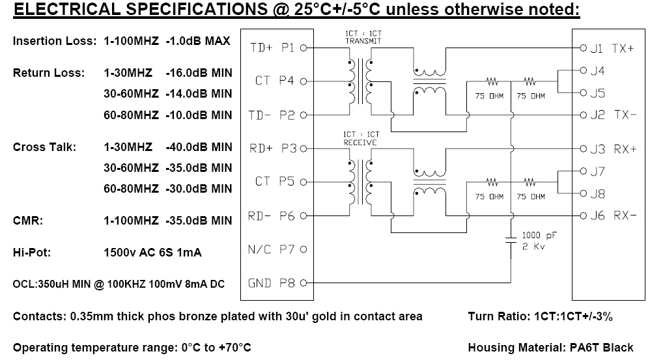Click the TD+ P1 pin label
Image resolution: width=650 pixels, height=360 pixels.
[x=272, y=48]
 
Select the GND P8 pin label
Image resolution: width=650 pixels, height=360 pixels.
[x=272, y=283]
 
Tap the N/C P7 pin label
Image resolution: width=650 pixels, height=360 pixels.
[x=271, y=249]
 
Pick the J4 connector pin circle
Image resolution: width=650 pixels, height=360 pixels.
[x=584, y=70]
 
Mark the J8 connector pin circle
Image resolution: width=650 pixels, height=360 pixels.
[x=584, y=193]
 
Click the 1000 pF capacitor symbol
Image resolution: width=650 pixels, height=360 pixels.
[x=511, y=241]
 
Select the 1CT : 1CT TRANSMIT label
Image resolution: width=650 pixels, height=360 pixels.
[x=363, y=37]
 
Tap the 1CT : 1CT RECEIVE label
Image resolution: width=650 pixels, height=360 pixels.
[x=361, y=139]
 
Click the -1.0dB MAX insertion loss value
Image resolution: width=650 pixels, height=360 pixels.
[x=198, y=41]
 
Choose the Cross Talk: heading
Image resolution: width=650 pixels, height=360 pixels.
[x=44, y=147]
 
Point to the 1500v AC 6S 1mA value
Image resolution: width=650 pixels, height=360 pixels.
[x=152, y=253]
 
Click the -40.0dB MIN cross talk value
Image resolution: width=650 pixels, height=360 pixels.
[x=199, y=147]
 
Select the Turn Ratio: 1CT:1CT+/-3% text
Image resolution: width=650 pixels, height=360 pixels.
[x=540, y=316]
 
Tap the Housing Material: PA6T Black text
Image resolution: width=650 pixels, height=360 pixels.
[x=550, y=348]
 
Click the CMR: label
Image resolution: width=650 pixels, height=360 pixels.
[x=28, y=221]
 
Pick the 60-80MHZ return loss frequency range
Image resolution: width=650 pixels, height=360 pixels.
[x=131, y=115]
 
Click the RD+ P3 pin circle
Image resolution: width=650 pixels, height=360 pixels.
[x=304, y=148]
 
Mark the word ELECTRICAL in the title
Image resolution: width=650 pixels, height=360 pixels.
[x=66, y=9]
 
